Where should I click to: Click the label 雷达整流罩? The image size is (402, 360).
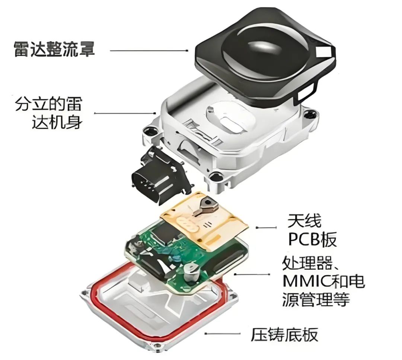tap(54, 49)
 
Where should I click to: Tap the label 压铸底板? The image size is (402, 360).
tap(284, 335)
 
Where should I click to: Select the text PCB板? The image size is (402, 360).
tap(312, 239)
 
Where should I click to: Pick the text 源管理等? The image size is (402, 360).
tap(316, 299)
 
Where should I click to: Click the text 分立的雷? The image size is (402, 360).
tap(49, 104)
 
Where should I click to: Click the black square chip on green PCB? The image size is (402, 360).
tap(165, 231)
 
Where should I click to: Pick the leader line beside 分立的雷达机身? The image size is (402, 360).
tap(125, 113)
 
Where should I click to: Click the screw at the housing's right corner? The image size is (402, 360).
tap(311, 114)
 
